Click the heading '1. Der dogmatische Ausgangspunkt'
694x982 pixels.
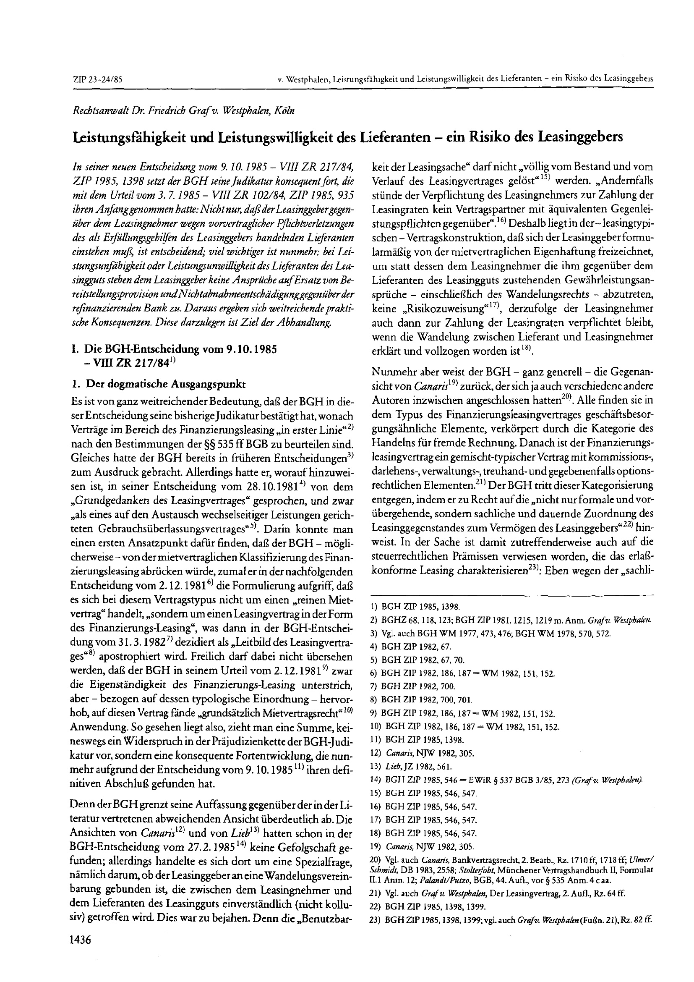(x=159, y=384)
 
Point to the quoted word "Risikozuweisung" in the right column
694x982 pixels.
(x=432, y=309)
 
